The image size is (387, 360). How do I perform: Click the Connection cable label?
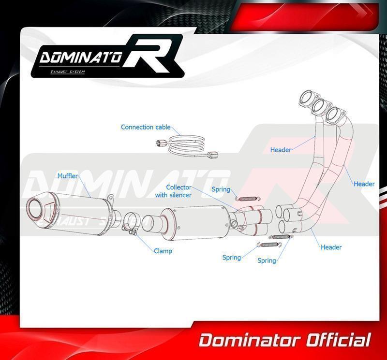(146, 127)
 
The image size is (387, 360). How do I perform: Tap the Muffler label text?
(67, 176)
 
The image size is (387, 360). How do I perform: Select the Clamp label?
(163, 251)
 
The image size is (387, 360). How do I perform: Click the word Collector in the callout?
(179, 187)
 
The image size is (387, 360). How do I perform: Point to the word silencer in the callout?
(180, 195)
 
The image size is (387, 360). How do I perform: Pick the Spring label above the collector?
(221, 189)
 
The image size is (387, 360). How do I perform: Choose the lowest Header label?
(331, 247)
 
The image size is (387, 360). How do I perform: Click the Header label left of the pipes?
(281, 150)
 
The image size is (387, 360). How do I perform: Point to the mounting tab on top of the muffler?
(111, 198)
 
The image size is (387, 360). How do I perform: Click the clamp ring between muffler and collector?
(131, 222)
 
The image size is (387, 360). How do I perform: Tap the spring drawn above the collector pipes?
(248, 199)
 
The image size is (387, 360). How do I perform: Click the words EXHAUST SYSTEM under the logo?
(68, 72)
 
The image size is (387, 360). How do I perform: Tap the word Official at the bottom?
(339, 341)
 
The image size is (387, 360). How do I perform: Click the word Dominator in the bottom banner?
(250, 341)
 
